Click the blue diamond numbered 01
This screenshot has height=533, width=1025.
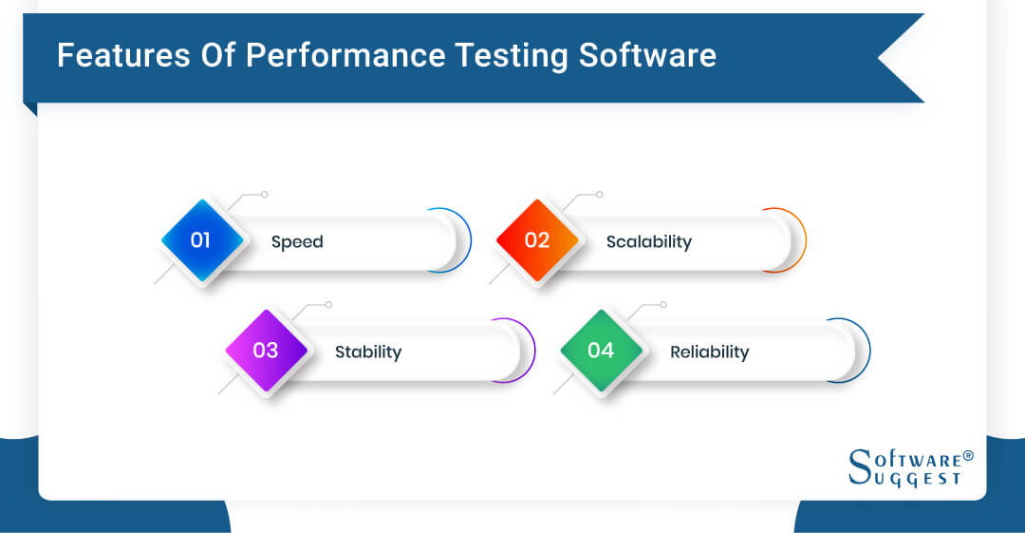click(x=202, y=240)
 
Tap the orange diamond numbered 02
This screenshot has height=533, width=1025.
click(x=537, y=240)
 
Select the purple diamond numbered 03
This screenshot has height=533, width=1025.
click(x=266, y=351)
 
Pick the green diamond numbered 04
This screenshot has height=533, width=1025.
click(x=602, y=351)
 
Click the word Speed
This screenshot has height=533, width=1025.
click(x=297, y=242)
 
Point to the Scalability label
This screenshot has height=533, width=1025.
click(x=649, y=242)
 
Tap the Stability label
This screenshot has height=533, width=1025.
click(x=368, y=352)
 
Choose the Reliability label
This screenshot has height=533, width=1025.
click(x=710, y=352)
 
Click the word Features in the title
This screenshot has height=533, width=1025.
click(x=123, y=55)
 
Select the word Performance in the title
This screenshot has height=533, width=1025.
click(x=345, y=55)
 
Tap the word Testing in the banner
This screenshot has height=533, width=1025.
click(x=512, y=56)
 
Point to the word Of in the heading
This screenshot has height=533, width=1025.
click(x=218, y=55)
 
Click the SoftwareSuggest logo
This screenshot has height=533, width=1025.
click(x=911, y=467)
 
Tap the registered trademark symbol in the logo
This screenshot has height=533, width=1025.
click(x=968, y=455)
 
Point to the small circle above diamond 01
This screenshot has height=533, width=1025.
click(x=264, y=195)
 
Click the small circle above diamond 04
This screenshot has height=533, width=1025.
click(x=663, y=304)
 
